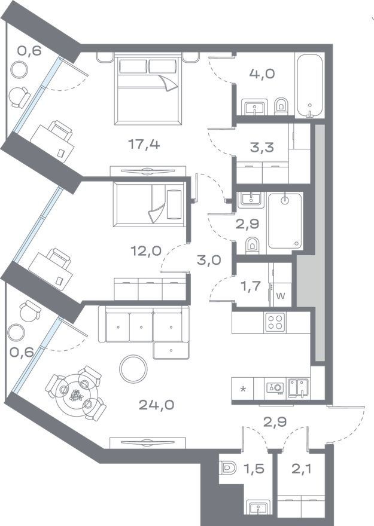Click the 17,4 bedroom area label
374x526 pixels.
(144, 145)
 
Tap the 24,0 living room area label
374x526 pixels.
(156, 405)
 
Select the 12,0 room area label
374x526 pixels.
(146, 250)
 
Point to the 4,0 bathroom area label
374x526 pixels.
(262, 74)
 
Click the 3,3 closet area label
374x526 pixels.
(262, 147)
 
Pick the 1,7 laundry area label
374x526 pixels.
(251, 286)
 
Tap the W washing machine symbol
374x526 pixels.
(281, 296)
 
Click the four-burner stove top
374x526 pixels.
(275, 322)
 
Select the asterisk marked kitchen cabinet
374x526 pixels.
(243, 389)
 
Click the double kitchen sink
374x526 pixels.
(299, 388)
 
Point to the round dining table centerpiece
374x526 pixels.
(76, 395)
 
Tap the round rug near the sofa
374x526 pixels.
(133, 369)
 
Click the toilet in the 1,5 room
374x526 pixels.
(229, 467)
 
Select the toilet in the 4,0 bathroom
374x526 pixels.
(281, 106)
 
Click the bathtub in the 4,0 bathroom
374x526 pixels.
(309, 85)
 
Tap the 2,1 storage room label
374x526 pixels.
(301, 468)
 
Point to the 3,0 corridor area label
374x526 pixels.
(209, 259)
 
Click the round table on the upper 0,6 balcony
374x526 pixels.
(19, 69)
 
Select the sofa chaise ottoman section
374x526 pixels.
(171, 350)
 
